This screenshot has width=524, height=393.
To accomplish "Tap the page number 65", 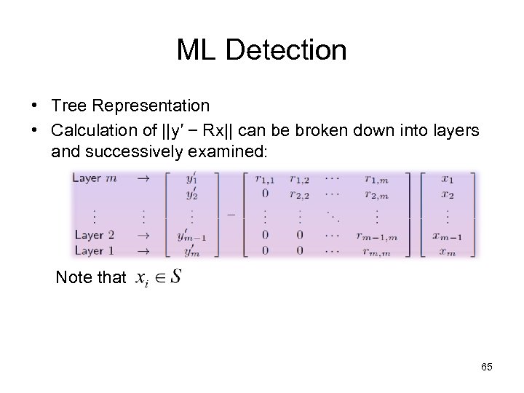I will (x=487, y=367).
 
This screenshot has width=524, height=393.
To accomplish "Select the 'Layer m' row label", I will (x=94, y=178).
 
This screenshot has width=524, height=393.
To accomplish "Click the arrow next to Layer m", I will (x=144, y=178).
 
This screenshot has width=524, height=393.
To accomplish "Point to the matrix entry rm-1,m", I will (x=376, y=235).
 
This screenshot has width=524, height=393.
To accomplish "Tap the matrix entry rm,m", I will (x=376, y=250).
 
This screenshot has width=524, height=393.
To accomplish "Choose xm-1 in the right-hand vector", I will (x=446, y=235).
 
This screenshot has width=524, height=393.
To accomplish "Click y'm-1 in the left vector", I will (x=191, y=235).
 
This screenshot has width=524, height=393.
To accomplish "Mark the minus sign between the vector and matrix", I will (x=231, y=214).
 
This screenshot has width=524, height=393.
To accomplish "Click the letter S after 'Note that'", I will (x=175, y=277).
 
